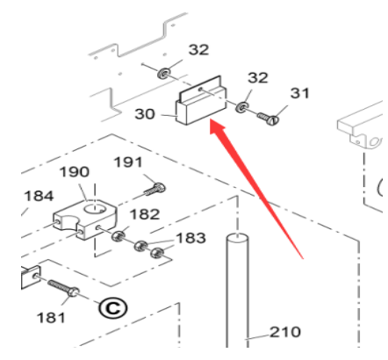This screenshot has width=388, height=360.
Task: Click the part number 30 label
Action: pyautogui.click(x=144, y=114)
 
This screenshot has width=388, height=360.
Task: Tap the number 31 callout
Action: pyautogui.click(x=299, y=93)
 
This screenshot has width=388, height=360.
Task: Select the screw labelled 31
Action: pyautogui.click(x=268, y=119)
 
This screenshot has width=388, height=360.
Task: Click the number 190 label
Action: pyautogui.click(x=75, y=172)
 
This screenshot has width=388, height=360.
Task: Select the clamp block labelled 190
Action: pyautogui.click(x=85, y=219)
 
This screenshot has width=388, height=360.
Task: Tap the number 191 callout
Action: pyautogui.click(x=128, y=162)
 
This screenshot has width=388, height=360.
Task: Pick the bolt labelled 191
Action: pyautogui.click(x=154, y=189)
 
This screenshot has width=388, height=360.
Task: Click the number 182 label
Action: pyautogui.click(x=145, y=214)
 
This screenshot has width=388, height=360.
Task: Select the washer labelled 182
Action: pyautogui.click(x=119, y=235)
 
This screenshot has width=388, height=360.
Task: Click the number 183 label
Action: pyautogui.click(x=190, y=238)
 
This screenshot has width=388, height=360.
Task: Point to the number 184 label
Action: pyautogui.click(x=39, y=196)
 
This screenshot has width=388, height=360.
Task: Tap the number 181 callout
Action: pyautogui.click(x=51, y=318)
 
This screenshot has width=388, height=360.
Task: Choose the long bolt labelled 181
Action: pyautogui.click(x=63, y=288)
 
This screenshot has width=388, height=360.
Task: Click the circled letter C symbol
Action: pyautogui.click(x=113, y=308)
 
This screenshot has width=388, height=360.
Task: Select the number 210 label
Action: pyautogui.click(x=285, y=332)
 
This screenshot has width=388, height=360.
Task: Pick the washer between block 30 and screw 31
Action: pyautogui.click(x=241, y=107)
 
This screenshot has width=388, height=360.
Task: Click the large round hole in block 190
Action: pyautogui.click(x=93, y=208)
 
